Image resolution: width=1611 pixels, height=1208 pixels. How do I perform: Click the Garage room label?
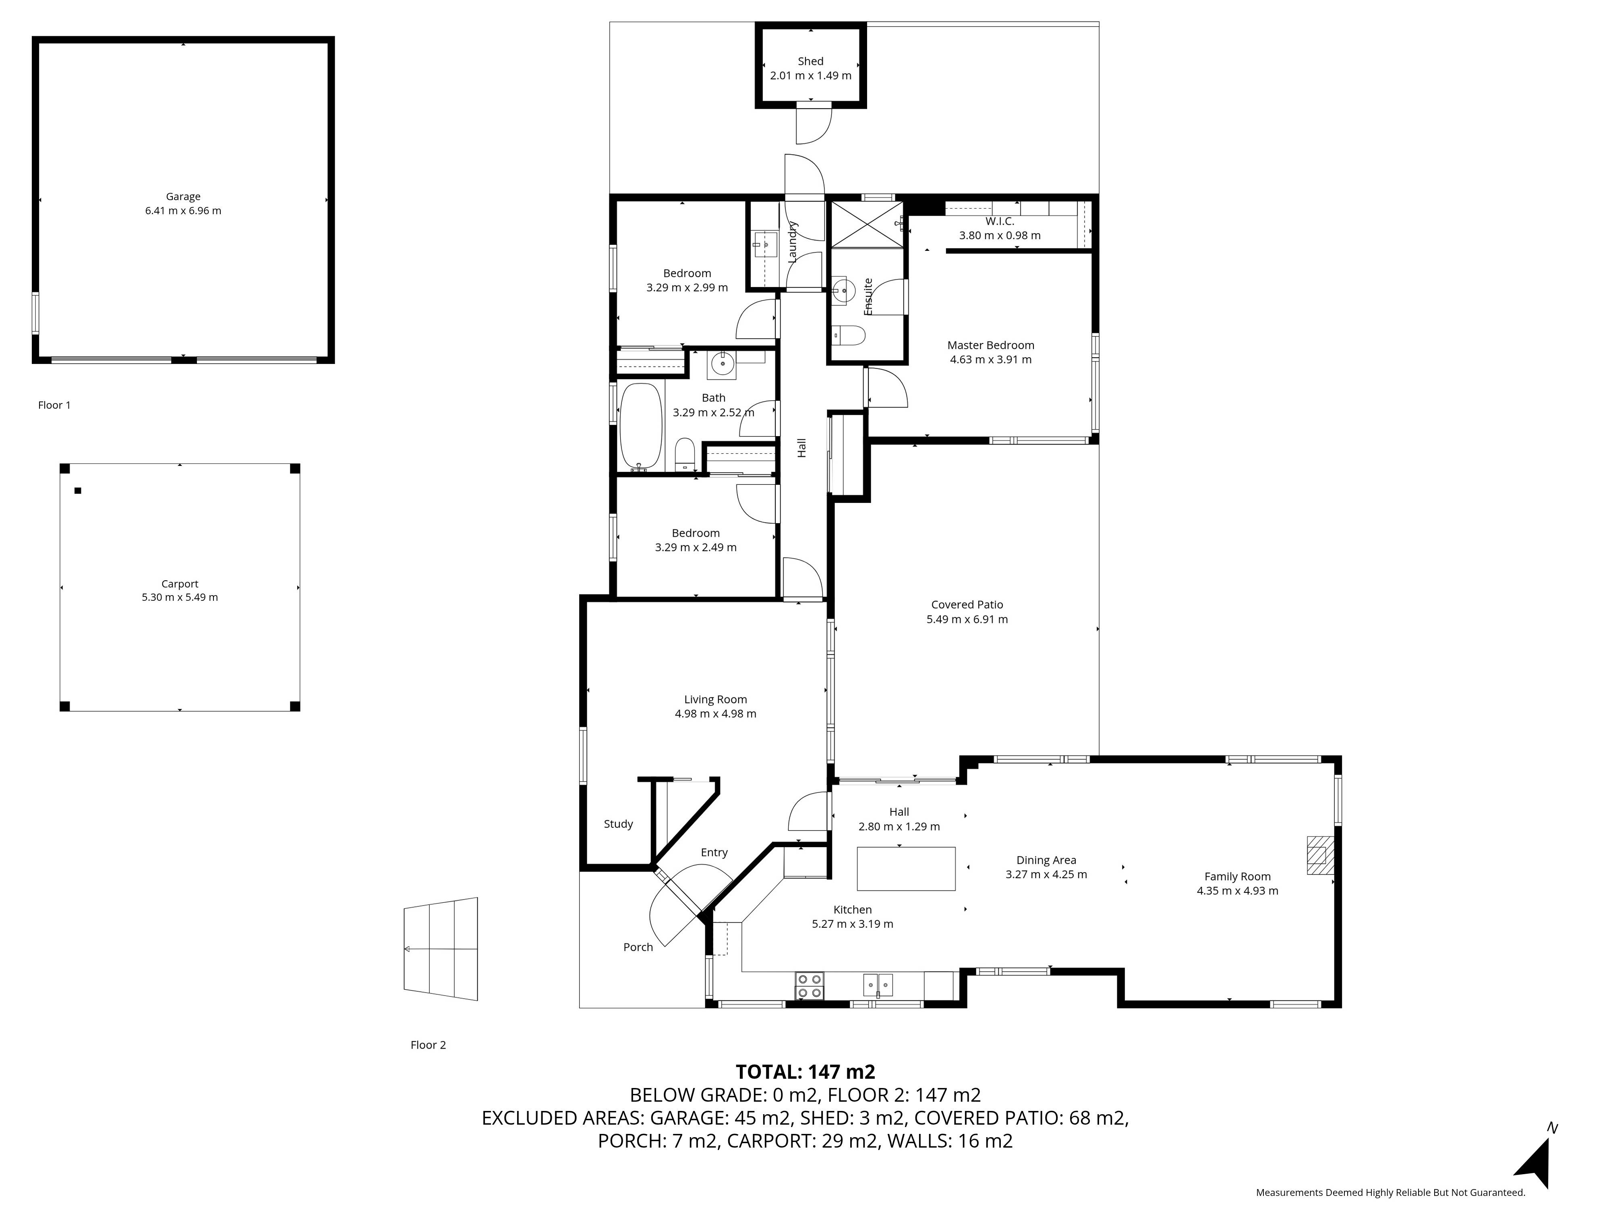(183, 197)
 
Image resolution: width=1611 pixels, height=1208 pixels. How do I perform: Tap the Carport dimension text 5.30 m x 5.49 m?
(180, 597)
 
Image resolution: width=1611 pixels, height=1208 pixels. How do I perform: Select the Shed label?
(811, 61)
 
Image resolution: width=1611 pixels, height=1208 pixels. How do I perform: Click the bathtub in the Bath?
(641, 428)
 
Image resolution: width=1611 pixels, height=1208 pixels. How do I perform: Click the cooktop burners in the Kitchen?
(809, 985)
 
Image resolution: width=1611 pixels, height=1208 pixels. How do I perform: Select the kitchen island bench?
(906, 869)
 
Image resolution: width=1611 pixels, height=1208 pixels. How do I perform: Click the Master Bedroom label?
(990, 345)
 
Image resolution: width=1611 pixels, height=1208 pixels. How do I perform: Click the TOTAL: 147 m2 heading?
(805, 1072)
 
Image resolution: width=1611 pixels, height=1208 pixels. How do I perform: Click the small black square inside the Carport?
(78, 491)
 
